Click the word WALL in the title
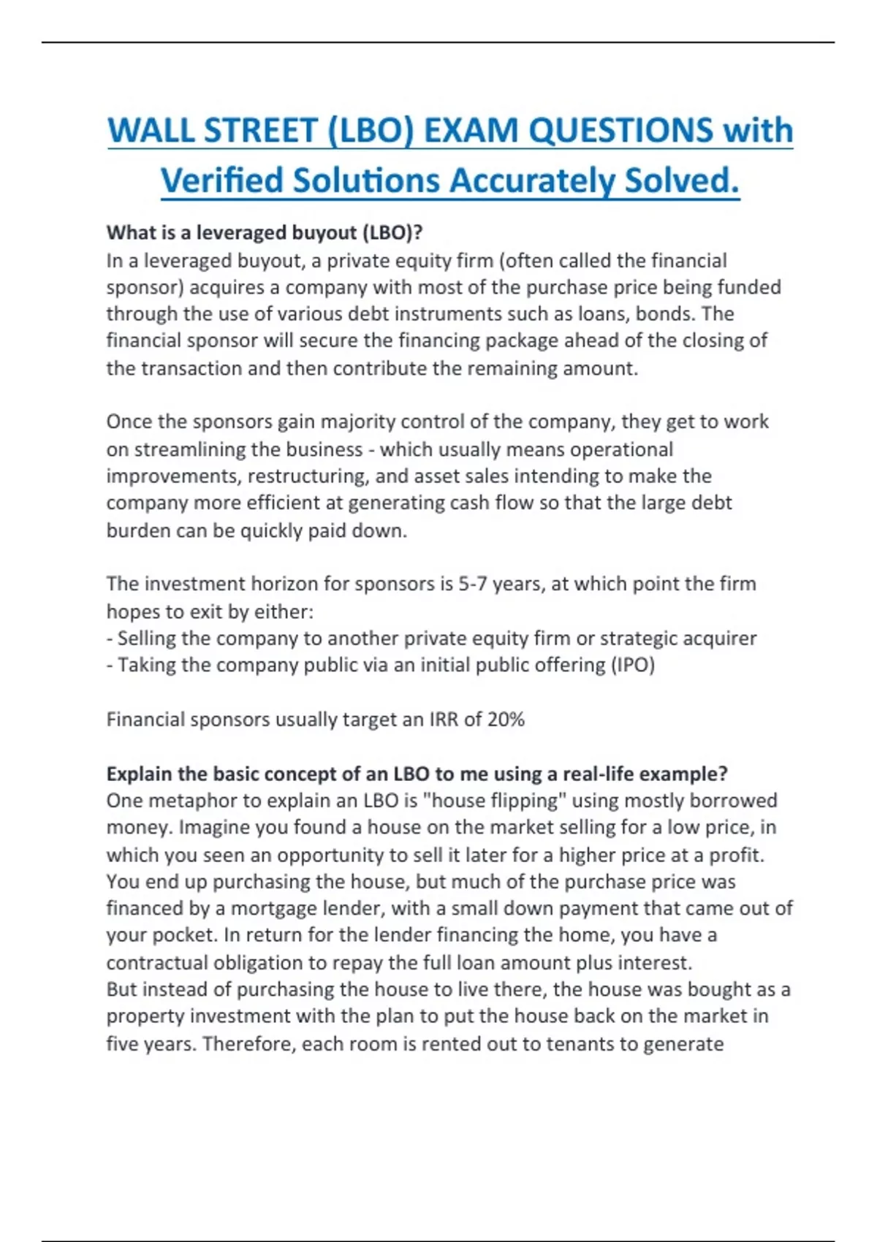click(150, 131)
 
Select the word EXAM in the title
click(470, 131)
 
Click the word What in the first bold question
click(129, 233)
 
